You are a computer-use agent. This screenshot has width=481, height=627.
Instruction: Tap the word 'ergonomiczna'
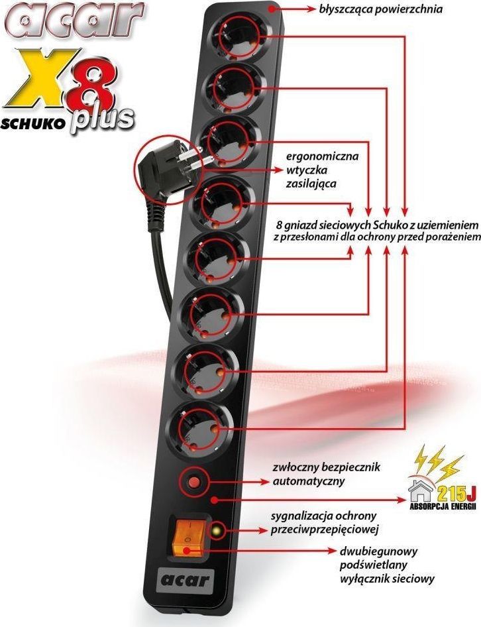click(322, 156)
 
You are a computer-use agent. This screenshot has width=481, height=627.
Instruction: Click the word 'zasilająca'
click(311, 184)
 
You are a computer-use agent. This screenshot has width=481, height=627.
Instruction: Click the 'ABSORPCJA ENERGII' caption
click(443, 506)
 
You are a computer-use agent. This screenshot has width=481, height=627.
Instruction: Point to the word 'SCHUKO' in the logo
click(32, 124)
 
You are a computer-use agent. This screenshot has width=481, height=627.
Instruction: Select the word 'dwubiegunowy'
click(379, 552)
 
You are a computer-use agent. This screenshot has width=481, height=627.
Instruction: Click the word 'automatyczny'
click(309, 481)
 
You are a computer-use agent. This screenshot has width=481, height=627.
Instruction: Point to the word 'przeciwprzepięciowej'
click(325, 530)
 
